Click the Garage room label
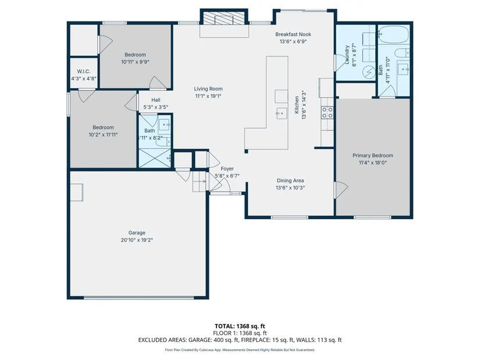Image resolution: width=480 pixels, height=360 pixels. point(137,233)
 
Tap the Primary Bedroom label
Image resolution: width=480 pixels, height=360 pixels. point(372,155)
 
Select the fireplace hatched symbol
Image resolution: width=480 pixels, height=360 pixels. point(224,19)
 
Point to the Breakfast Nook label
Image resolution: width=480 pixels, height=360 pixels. point(293,34)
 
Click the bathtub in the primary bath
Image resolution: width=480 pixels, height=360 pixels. point(393,34)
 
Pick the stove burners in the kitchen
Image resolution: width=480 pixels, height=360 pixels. point(327,112)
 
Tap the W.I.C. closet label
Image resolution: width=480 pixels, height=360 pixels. point(84,72)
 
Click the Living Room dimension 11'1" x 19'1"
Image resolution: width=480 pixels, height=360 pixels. point(208,96)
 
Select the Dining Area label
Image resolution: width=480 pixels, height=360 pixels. point(290,181)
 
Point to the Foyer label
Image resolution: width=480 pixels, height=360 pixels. point(227,169)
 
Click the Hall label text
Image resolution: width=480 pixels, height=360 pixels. point(156,100)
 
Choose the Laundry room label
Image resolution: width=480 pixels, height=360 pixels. point(347,55)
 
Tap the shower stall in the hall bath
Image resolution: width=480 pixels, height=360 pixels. point(155,158)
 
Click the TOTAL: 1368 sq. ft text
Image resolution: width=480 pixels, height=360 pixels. point(240,326)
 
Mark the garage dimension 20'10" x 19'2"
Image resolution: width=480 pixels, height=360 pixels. point(137,240)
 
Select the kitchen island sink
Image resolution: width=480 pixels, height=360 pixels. point(282,113)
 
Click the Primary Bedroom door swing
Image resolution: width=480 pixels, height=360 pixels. point(342,190)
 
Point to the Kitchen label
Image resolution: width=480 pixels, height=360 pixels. point(297,105)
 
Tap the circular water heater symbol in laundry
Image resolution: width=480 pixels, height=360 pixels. point(369,72)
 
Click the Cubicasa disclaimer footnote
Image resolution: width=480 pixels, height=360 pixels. point(240,350)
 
